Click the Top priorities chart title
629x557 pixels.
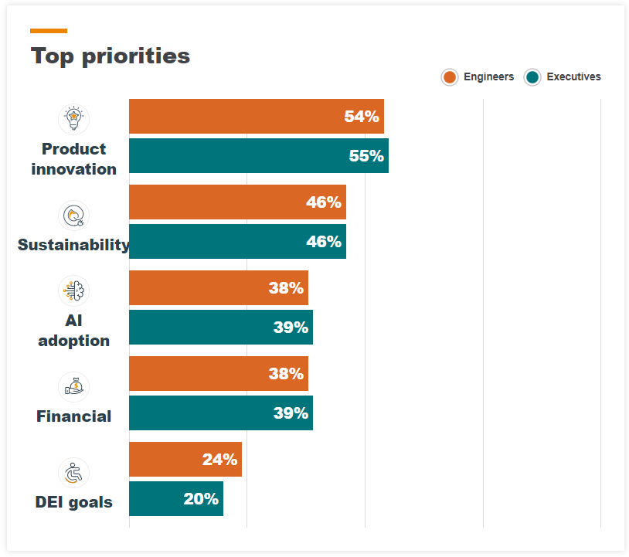point(110,56)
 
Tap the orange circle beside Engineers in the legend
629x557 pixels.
point(449,77)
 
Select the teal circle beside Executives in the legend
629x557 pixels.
point(532,77)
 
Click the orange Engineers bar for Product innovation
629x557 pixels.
point(256,117)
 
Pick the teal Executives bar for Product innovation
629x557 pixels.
point(258,156)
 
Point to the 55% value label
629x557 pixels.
point(366,156)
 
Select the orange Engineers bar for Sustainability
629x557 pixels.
point(237,202)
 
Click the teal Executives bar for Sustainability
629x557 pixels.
point(237,242)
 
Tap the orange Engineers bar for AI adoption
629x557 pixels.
point(218,288)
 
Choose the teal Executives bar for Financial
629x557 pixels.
point(220,413)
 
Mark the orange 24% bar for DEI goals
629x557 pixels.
point(185,460)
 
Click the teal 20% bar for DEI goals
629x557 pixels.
point(175,499)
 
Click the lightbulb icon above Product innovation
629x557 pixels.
point(73,119)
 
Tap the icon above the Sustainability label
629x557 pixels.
point(73,216)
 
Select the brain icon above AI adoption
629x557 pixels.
point(73,291)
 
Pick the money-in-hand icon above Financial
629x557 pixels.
point(73,387)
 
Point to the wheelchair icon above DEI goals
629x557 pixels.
point(73,473)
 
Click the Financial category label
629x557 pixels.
point(73,416)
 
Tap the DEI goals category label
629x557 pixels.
point(73,502)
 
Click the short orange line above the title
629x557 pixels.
point(48,31)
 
